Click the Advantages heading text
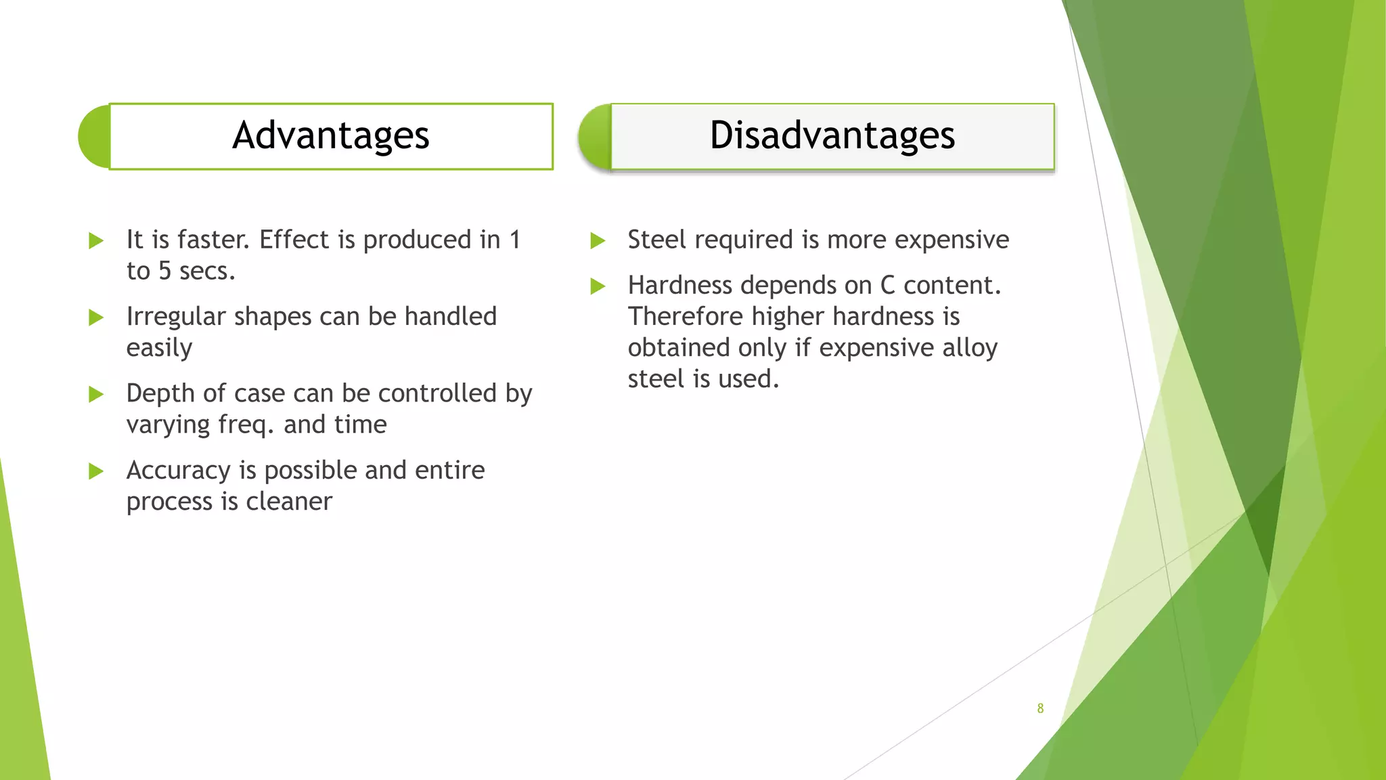click(331, 135)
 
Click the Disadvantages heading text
click(832, 135)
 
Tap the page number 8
click(1040, 708)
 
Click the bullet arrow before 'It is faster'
click(96, 240)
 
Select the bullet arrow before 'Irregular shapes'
click(96, 318)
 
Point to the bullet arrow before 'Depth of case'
click(96, 394)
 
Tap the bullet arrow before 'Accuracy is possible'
click(96, 471)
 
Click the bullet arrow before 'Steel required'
click(598, 240)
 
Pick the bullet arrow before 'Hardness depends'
click(598, 286)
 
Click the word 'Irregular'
click(175, 317)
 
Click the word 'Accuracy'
click(178, 471)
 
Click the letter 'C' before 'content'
click(887, 286)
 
